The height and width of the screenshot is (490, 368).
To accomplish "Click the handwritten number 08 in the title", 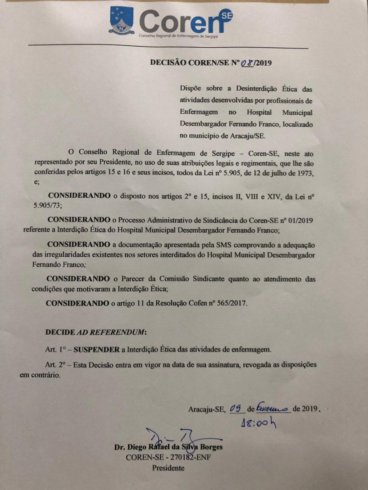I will (247, 63).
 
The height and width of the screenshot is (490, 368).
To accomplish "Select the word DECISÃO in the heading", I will (168, 62).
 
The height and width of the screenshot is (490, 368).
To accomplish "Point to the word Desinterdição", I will (256, 89).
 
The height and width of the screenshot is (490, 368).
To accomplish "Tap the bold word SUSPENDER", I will (96, 349).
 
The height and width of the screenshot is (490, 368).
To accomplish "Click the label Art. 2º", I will (55, 365).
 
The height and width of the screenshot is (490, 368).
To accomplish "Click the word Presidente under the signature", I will (168, 468).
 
